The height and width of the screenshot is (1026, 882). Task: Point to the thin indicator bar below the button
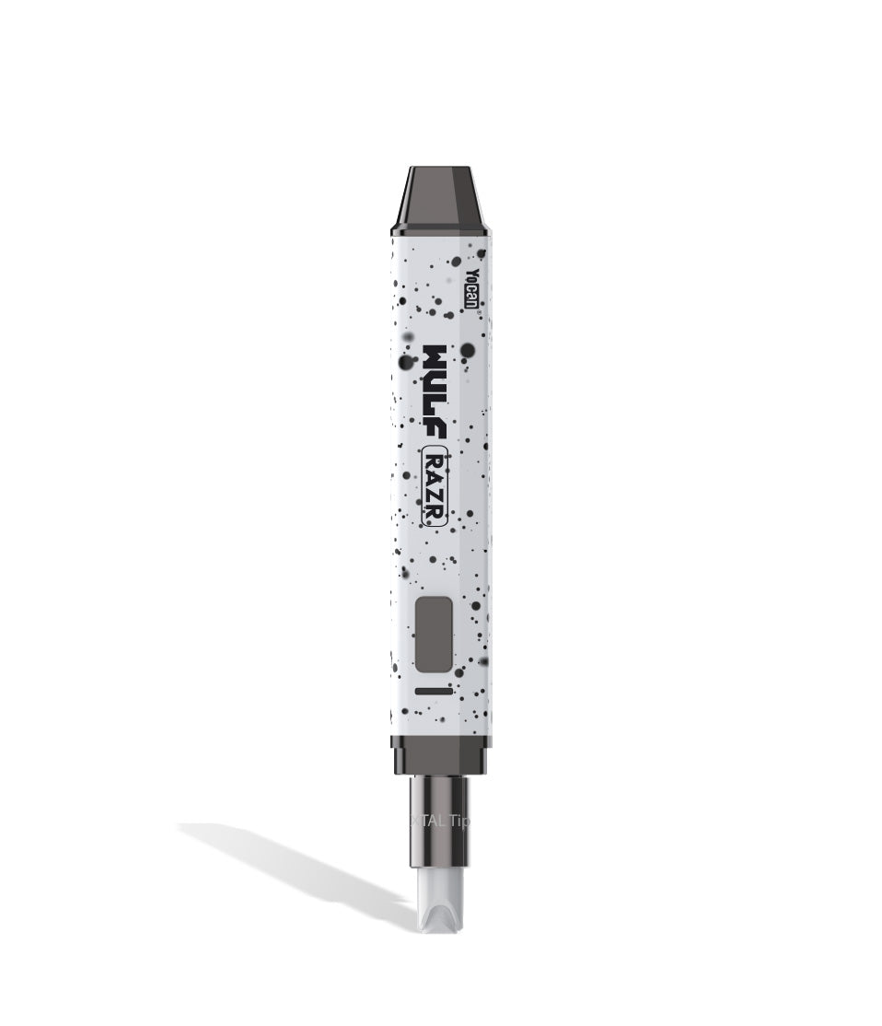[433, 690]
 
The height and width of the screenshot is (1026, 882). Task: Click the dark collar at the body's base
[440, 755]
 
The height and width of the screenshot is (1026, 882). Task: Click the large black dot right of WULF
[468, 350]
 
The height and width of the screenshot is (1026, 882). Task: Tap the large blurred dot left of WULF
[405, 363]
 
